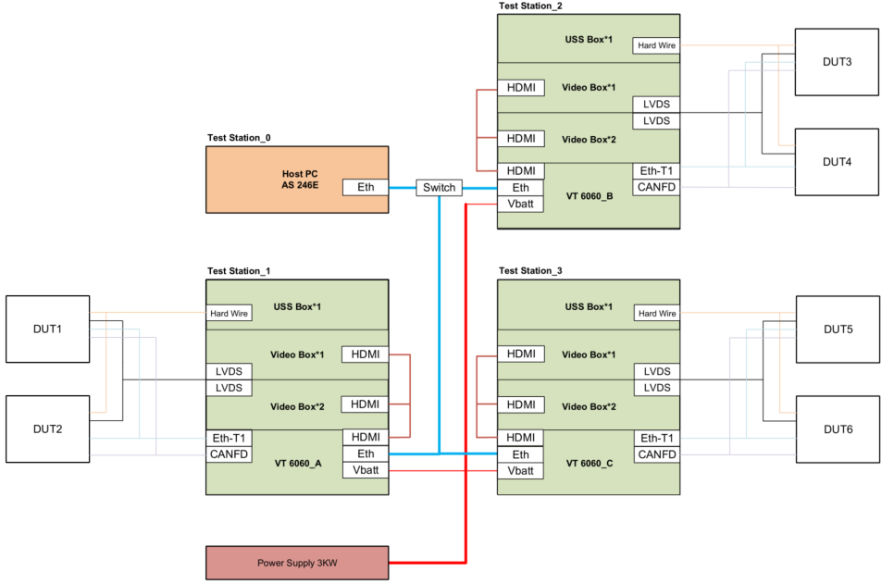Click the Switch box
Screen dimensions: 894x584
coord(439,188)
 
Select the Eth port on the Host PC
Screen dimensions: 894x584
coord(366,188)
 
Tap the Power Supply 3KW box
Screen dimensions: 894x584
coord(297,563)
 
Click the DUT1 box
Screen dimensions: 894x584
coord(48,329)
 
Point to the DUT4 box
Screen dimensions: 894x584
coord(837,162)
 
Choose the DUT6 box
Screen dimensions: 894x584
coord(838,429)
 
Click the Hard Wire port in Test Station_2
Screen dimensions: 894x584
coord(656,45)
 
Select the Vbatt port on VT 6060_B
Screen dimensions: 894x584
coord(520,205)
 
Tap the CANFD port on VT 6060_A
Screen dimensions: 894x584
coord(229,454)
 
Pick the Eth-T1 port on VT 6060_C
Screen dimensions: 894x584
coord(657,438)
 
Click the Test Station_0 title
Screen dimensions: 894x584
coord(239,138)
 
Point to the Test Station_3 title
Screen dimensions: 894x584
coord(530,271)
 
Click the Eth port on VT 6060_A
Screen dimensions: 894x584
coord(366,454)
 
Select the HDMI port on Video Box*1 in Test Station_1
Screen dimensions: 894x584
coord(366,354)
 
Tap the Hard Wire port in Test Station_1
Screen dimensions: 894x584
coord(229,313)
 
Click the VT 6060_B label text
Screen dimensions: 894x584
coord(590,196)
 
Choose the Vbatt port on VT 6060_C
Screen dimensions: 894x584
coord(520,471)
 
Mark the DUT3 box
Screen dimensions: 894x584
coord(837,62)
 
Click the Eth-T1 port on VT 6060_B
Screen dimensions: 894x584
coord(656,171)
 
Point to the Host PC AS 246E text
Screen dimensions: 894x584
coord(300,180)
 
